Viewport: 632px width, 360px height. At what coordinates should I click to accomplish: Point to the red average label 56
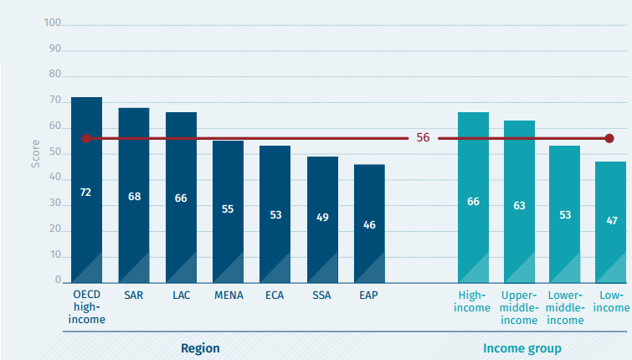click(423, 138)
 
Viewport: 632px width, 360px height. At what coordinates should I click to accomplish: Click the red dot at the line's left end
click(85, 138)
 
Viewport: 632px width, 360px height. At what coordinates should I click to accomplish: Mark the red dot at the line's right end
click(609, 138)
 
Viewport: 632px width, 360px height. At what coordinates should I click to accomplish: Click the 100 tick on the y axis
click(52, 23)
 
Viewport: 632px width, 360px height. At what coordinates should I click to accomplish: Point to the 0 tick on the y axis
click(58, 280)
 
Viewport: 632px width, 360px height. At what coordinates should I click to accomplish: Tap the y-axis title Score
click(35, 153)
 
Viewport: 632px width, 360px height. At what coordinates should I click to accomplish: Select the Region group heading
click(201, 347)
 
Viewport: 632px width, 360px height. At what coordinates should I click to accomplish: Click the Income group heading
click(522, 347)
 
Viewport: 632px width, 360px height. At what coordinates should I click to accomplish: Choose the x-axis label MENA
click(228, 296)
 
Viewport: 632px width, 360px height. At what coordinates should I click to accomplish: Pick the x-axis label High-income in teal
click(473, 301)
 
